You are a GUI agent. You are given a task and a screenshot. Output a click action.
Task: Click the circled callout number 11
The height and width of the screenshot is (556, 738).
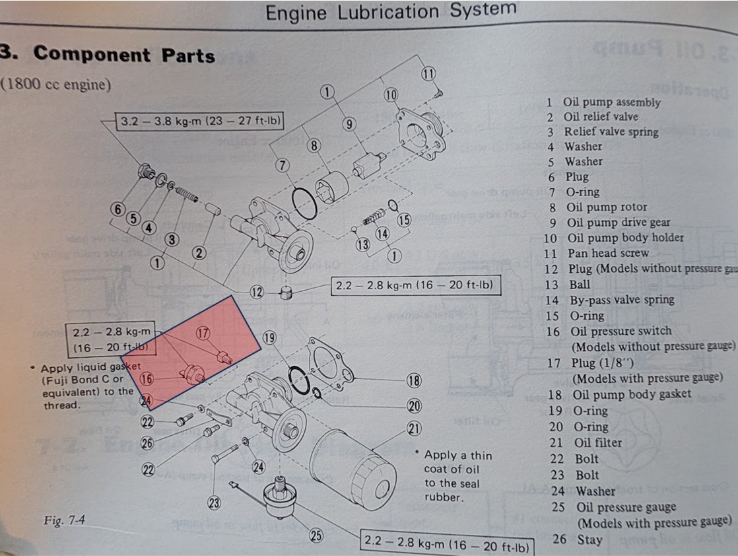point(429,73)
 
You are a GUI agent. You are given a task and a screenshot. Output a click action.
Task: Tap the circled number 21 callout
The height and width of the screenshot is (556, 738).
point(414,429)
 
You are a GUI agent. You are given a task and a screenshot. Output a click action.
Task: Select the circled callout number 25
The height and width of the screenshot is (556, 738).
point(316,536)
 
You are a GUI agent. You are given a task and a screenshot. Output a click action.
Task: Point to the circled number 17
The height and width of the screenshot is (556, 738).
point(203,334)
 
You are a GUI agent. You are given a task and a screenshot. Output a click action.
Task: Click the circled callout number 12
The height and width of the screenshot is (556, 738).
point(257,291)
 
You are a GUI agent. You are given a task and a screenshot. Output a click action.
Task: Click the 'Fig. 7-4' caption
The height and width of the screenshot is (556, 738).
point(64,520)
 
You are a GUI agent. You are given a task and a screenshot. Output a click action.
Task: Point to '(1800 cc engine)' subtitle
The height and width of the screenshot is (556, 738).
point(55,85)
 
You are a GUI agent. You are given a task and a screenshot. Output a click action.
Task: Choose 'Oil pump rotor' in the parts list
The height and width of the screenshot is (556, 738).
point(606,207)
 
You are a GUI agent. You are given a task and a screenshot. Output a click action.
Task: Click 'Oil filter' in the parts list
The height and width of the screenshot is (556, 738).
point(597,442)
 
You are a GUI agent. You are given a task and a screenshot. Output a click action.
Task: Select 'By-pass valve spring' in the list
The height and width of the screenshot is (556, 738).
point(621,300)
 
